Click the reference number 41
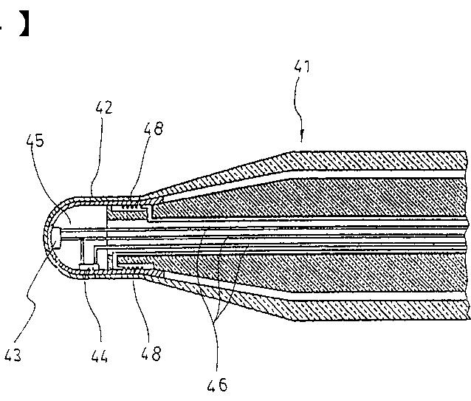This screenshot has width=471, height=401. tap(303, 67)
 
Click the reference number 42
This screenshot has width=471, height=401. tap(104, 108)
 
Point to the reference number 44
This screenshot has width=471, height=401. tap(99, 357)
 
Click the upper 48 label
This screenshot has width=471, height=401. tap(154, 128)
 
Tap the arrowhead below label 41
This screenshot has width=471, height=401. tap(302, 137)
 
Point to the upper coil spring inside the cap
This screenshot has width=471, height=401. tap(135, 211)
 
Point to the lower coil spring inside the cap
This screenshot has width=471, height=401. tap(135, 264)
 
